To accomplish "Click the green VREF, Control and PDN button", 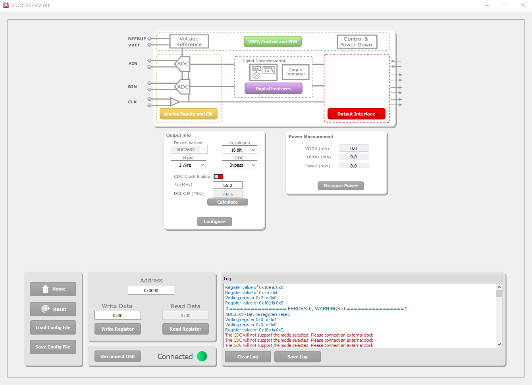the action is (272, 42).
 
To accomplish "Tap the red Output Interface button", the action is (356, 114).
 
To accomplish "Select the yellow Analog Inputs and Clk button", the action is (188, 114).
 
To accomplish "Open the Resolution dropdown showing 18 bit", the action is (239, 150).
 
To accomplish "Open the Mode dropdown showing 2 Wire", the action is (188, 165).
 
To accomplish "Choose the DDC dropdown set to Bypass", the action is (239, 165).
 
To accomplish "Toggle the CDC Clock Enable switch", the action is (218, 177).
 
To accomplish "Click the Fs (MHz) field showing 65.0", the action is (227, 185).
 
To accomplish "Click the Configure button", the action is (214, 221).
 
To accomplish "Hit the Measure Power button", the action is (341, 186).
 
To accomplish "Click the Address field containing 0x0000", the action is (151, 290).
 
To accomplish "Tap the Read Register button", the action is (185, 329).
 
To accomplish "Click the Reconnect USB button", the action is (118, 356).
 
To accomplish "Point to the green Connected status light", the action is (202, 356).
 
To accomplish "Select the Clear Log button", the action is (247, 357).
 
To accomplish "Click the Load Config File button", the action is (53, 327).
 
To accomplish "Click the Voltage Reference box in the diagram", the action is (189, 42).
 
